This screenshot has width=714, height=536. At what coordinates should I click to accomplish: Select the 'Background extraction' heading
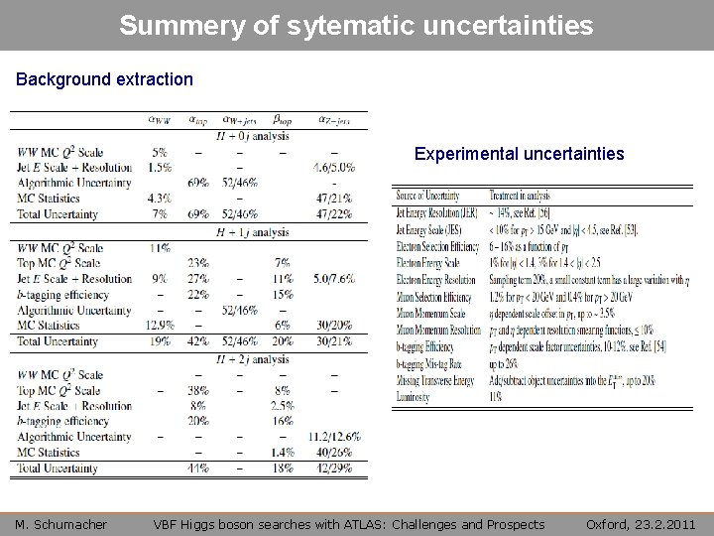[104, 77]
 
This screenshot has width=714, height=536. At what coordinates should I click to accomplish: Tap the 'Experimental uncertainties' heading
[519, 154]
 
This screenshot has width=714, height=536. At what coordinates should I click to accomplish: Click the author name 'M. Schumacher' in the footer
[60, 524]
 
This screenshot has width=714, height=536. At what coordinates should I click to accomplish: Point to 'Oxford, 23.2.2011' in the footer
[641, 524]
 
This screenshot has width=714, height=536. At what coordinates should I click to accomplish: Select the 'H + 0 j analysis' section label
[252, 136]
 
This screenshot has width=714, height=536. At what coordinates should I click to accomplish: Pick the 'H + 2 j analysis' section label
[252, 359]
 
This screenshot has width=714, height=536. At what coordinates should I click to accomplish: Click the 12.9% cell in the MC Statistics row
[159, 326]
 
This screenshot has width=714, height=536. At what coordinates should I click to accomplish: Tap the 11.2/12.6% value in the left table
[333, 437]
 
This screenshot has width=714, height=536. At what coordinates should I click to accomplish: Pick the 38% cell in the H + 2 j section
[197, 390]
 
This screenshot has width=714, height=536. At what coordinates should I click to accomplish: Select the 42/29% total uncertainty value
[333, 468]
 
